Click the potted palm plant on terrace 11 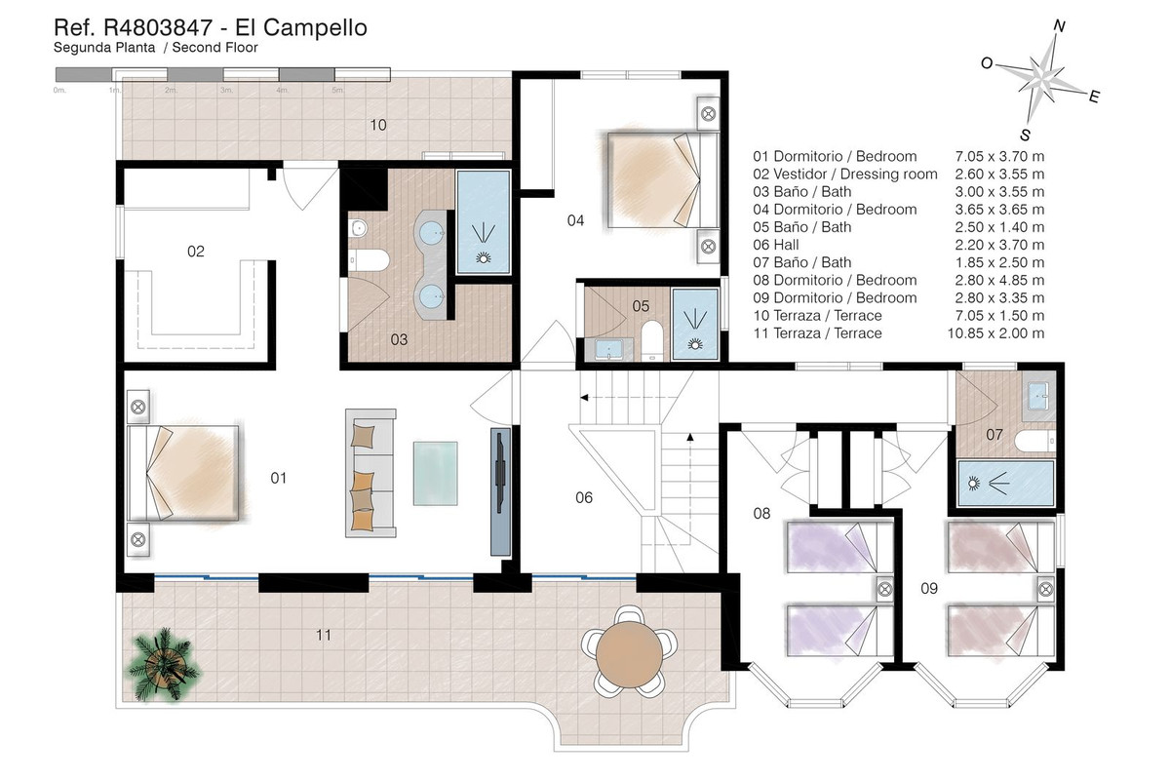tap(164, 665)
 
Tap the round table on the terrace tap(630, 654)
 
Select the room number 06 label tap(584, 498)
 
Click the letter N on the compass tap(1060, 25)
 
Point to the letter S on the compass tap(1026, 135)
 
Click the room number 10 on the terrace tap(378, 126)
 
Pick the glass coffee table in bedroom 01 tap(436, 473)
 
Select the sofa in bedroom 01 tap(370, 473)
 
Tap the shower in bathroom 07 tap(1005, 484)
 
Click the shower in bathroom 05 tap(695, 324)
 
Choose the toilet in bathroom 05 tap(651, 340)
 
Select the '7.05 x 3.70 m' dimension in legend tap(999, 156)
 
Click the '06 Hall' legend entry tap(776, 245)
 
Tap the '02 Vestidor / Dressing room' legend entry tap(845, 174)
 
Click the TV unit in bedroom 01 tap(500, 491)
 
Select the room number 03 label tap(399, 340)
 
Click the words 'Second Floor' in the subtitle tap(215, 48)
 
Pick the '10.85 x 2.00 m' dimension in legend tap(996, 333)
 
